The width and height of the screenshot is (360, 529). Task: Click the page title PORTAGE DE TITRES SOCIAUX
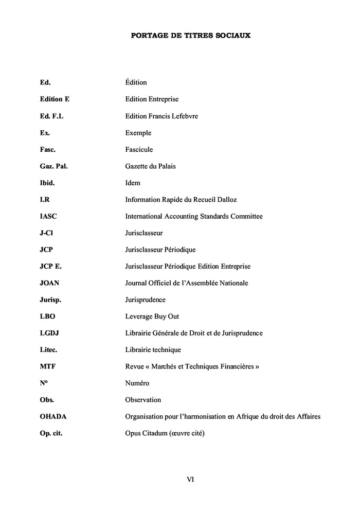coord(190,36)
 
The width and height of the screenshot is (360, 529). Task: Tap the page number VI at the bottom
coord(190,479)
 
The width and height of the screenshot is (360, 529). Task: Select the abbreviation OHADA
coord(53,416)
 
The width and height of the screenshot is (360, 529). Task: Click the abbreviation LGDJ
coord(49,333)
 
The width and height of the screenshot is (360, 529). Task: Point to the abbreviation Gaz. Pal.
coord(53,166)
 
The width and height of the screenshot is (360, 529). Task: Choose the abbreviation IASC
coord(48,216)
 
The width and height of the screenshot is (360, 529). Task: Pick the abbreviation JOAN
coord(49,283)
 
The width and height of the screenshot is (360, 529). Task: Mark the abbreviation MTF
coord(47,366)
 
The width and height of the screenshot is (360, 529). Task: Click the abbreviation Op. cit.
coord(55,433)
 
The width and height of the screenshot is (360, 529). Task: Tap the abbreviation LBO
coord(47,316)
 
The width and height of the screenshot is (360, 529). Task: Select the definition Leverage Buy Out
coord(152,316)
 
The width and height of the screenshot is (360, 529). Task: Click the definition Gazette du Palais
coord(153,166)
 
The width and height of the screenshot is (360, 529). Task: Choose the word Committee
coord(247,216)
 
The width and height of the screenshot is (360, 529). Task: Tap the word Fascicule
coord(139,150)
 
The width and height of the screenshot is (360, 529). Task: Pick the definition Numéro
coord(138,383)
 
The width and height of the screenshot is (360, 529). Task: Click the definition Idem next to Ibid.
coord(133,183)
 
